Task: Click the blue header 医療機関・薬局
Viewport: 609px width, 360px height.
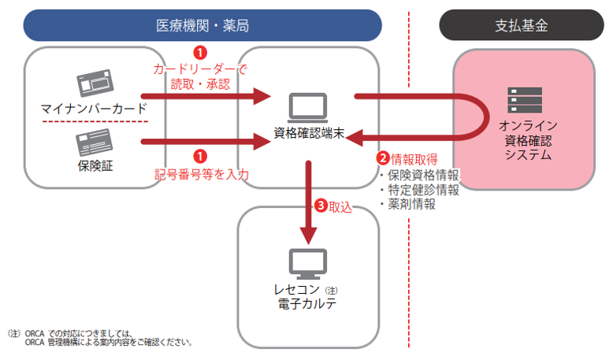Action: point(202,25)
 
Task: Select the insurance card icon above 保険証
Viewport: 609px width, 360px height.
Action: point(95,142)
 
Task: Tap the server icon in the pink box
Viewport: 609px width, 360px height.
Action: point(520,100)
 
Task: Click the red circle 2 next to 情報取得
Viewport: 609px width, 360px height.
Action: point(383,158)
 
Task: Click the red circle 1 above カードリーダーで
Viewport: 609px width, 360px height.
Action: point(200,53)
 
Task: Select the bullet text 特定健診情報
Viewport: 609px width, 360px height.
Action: point(418,190)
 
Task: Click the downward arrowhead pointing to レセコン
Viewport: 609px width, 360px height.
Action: point(308,236)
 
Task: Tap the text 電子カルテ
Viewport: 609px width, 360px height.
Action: point(308,304)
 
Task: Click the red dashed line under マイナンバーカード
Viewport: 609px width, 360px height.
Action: point(95,121)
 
